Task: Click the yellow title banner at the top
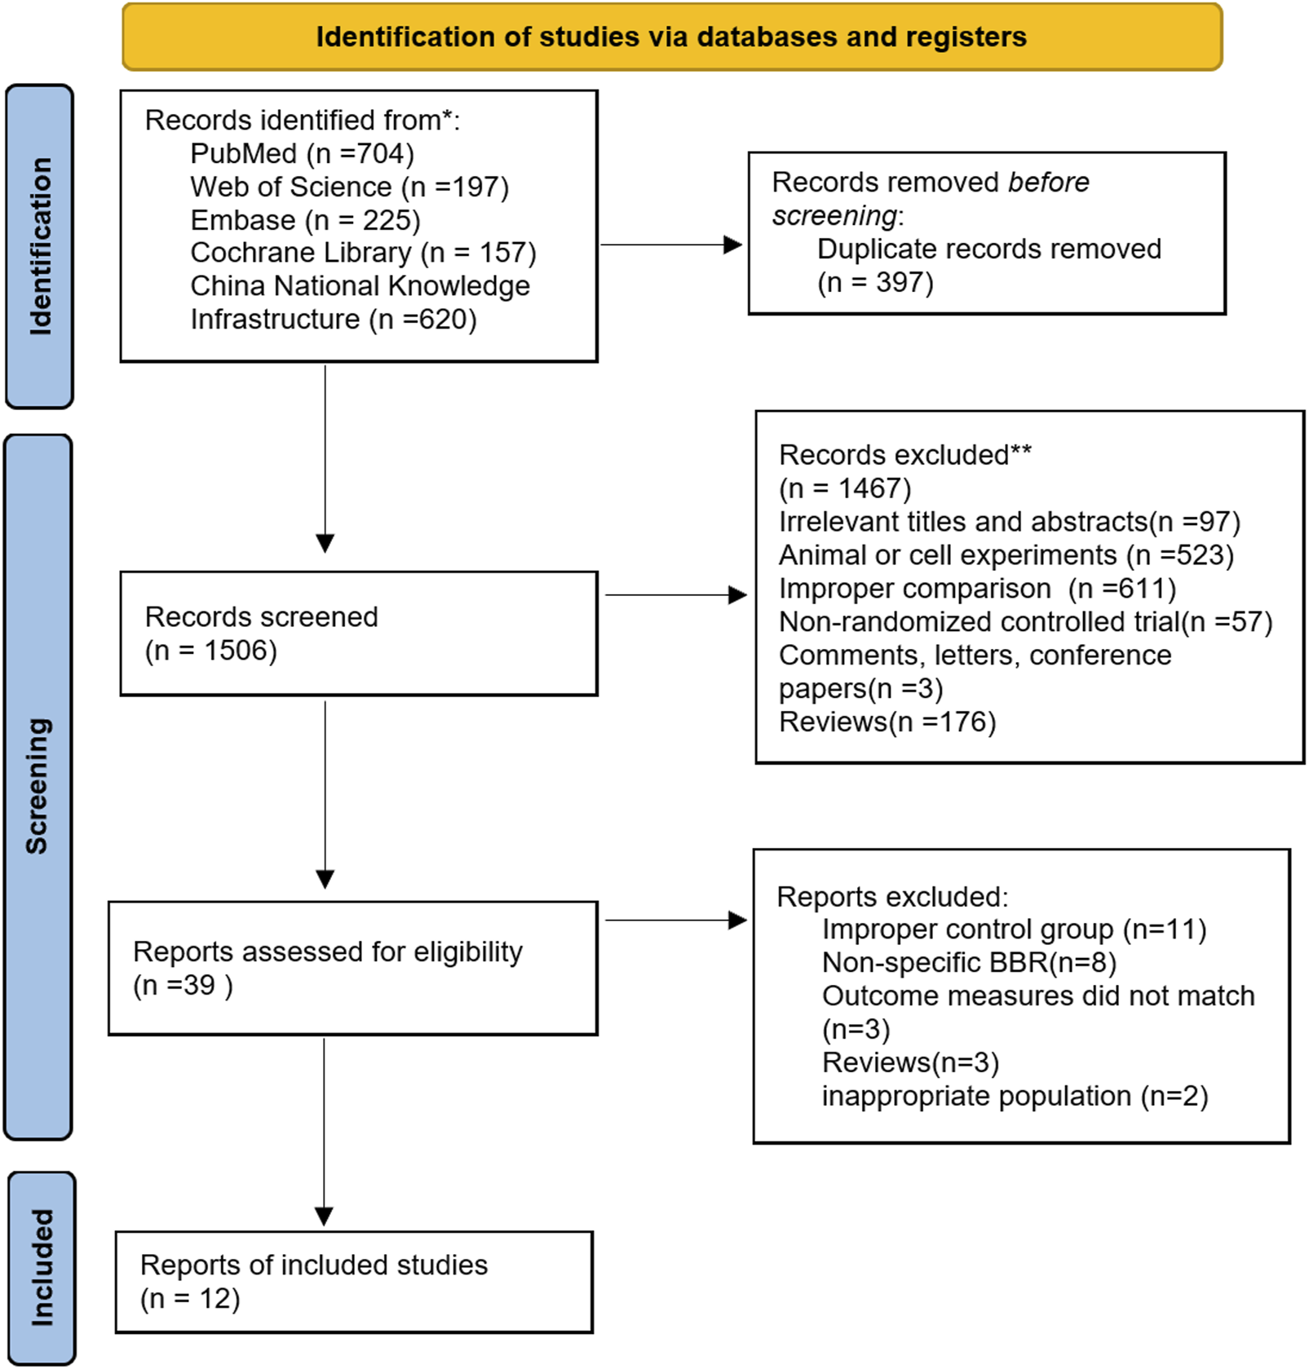click(671, 38)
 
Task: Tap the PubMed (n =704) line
click(302, 153)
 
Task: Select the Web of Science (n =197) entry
click(349, 187)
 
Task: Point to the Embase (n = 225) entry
click(305, 220)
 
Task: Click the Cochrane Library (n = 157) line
click(363, 253)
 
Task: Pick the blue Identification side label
click(39, 246)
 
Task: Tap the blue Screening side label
click(38, 786)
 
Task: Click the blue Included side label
click(41, 1267)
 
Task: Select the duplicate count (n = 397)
click(874, 283)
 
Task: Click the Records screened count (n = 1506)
click(210, 651)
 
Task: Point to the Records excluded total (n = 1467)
click(844, 488)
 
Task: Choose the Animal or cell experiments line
click(1006, 555)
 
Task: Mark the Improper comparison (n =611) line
click(976, 589)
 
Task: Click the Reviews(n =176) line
click(887, 722)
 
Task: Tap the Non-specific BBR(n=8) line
click(968, 963)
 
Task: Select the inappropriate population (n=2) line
click(1014, 1096)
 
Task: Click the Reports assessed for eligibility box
click(352, 968)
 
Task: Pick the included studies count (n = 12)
click(190, 1299)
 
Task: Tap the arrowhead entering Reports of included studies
click(324, 1217)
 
